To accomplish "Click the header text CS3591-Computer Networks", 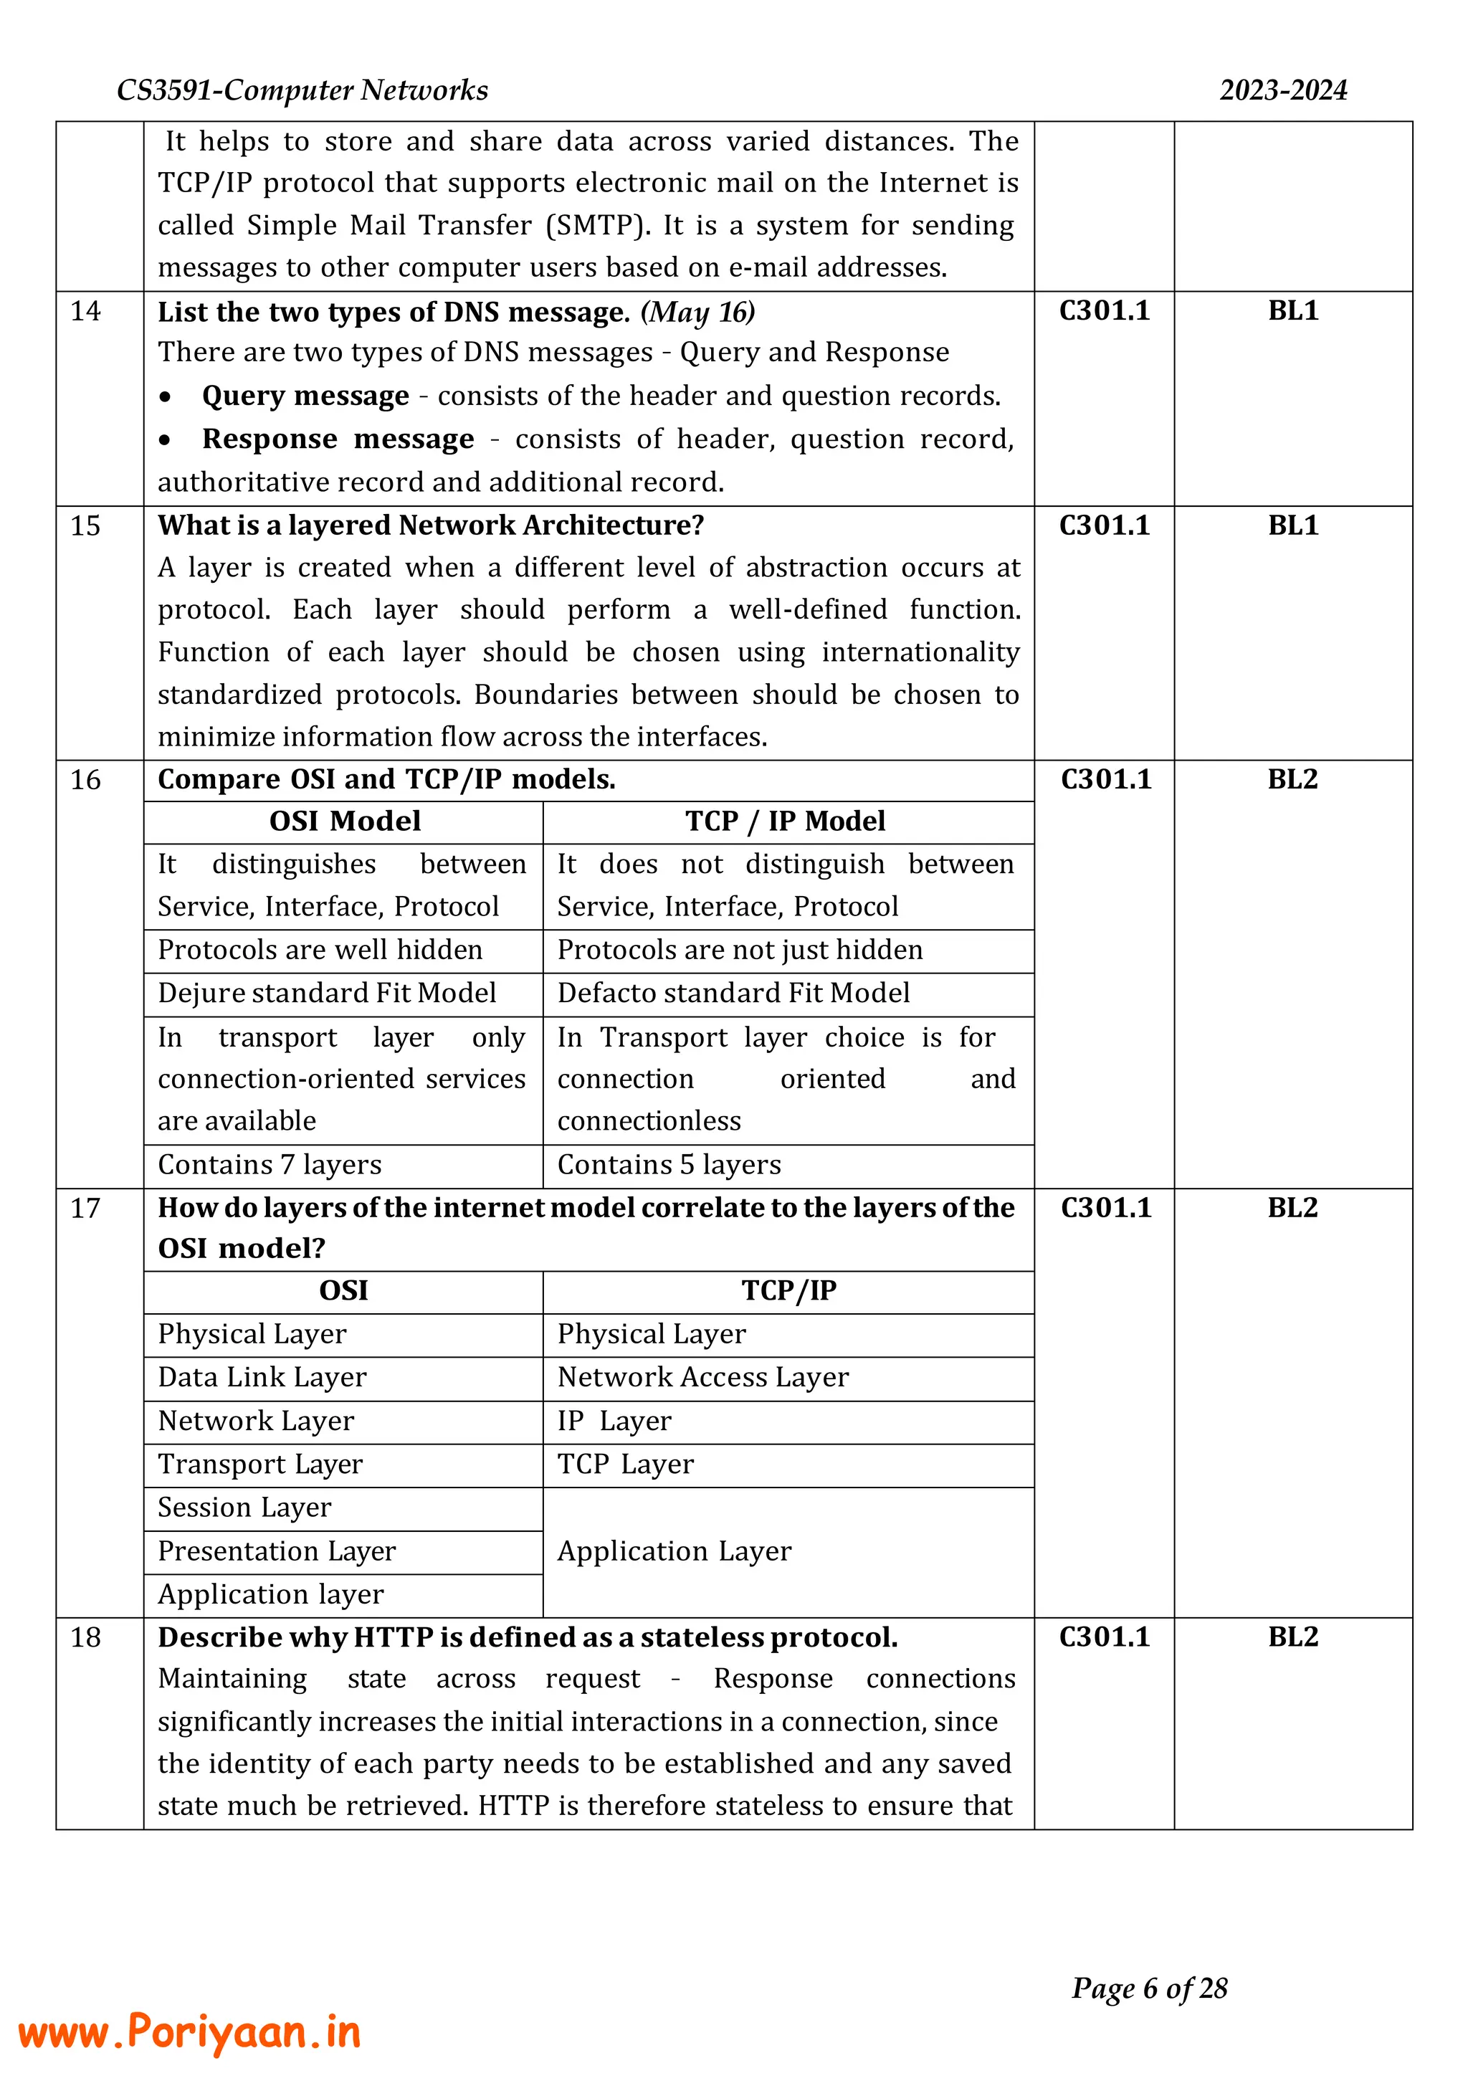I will (302, 90).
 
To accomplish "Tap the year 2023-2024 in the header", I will (1282, 90).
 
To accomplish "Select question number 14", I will (86, 311).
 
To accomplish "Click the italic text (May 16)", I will (698, 312).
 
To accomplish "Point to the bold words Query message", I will (305, 396).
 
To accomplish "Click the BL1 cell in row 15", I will (1292, 525).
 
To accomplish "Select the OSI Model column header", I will (344, 821).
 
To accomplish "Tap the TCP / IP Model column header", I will (785, 821).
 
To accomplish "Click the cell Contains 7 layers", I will (270, 1165).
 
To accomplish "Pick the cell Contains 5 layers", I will (669, 1165).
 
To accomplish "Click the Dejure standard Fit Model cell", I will (328, 993).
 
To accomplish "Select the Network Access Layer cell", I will (703, 1377).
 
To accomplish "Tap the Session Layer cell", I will (245, 1508).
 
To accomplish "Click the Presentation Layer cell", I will (277, 1551).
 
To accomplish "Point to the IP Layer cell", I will (615, 1421).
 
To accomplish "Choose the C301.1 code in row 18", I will (1105, 1637).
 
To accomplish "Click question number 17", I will (86, 1208).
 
